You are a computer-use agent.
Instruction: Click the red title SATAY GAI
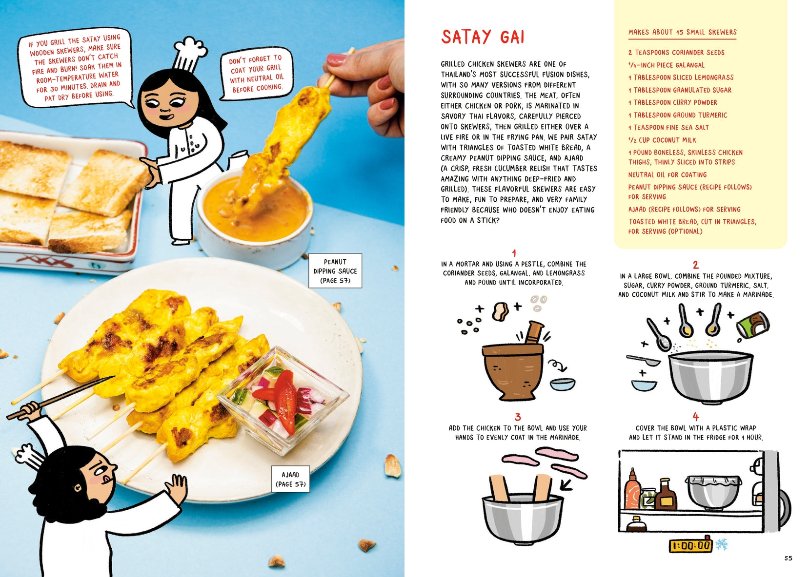pos(483,37)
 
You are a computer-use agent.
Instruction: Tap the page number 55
pos(788,558)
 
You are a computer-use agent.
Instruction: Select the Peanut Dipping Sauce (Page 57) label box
pos(335,271)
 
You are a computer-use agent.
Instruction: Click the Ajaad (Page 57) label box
pos(291,479)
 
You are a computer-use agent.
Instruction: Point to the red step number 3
pos(518,417)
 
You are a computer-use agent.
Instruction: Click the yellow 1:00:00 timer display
pos(690,546)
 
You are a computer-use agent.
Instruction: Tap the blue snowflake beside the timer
pos(722,544)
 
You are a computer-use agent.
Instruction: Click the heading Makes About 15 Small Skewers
pos(682,32)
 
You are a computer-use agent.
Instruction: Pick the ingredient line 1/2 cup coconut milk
pos(662,140)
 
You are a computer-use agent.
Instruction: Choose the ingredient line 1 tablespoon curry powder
pos(672,102)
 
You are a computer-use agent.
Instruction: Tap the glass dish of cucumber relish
pos(283,399)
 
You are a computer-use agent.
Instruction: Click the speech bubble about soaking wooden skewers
pos(75,67)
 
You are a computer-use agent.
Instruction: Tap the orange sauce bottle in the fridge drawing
pos(632,490)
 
